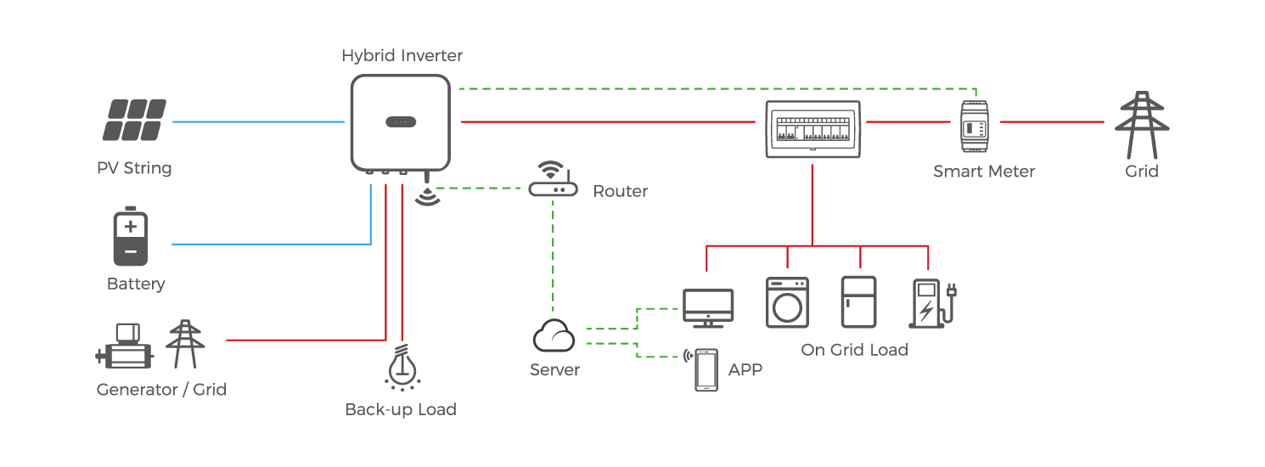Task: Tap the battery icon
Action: tap(130, 237)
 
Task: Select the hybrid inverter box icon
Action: tap(400, 121)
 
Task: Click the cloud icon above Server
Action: tap(554, 337)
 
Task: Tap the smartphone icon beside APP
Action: tap(706, 370)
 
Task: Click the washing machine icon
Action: tap(787, 302)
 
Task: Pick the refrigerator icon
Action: tap(857, 302)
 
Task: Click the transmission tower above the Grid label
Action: tap(1140, 126)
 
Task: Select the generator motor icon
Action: tap(124, 346)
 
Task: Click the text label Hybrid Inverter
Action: tap(402, 56)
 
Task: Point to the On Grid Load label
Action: tap(854, 350)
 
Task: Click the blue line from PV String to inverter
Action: tap(258, 122)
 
